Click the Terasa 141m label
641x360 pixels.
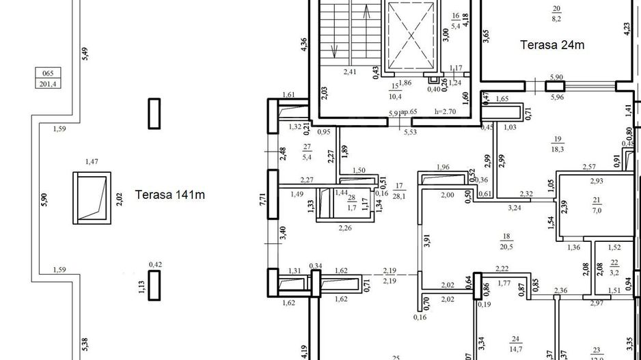pyautogui.click(x=170, y=195)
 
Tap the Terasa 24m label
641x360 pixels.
pyautogui.click(x=554, y=46)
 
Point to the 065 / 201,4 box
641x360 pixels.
pyautogui.click(x=47, y=78)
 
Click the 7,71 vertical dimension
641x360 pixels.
pyautogui.click(x=262, y=199)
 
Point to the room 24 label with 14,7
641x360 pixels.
pyautogui.click(x=515, y=343)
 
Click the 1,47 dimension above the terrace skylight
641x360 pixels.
pyautogui.click(x=92, y=162)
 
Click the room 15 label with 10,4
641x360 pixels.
pyautogui.click(x=395, y=92)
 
